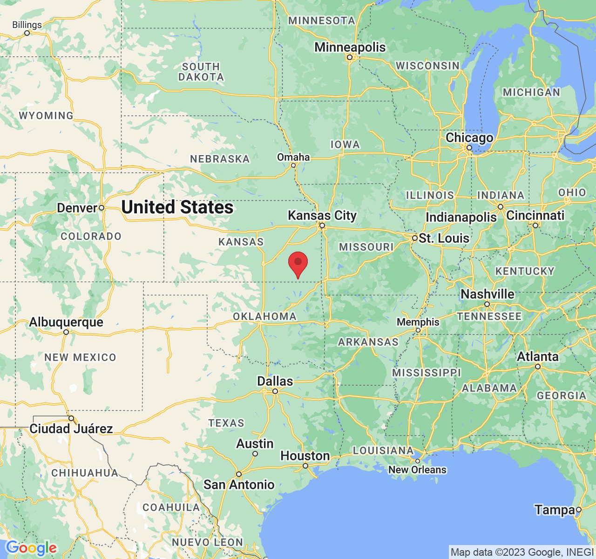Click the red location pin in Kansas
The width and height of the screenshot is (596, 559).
click(x=298, y=264)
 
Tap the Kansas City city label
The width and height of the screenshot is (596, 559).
click(x=322, y=215)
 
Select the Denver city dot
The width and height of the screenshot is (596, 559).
click(x=101, y=208)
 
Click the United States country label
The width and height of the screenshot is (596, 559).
click(x=177, y=207)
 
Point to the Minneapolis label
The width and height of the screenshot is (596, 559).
click(x=350, y=47)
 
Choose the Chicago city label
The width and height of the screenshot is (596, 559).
click(x=469, y=138)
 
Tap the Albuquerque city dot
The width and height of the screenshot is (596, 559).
click(x=66, y=332)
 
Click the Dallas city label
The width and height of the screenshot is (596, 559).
click(x=275, y=381)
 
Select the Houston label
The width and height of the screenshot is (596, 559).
click(x=305, y=456)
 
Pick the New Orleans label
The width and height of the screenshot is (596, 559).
click(x=418, y=470)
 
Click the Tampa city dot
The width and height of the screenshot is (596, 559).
click(x=579, y=510)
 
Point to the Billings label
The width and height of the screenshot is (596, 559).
click(x=27, y=25)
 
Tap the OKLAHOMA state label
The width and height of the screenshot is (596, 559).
click(x=265, y=316)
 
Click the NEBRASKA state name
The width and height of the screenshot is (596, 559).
click(x=220, y=159)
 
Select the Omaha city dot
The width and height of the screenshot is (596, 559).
click(x=293, y=165)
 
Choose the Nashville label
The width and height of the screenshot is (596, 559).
click(x=488, y=294)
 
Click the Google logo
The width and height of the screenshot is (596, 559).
click(x=31, y=548)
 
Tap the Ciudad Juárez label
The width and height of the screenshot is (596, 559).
click(x=71, y=429)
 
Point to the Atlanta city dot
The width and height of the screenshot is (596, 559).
click(x=538, y=367)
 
